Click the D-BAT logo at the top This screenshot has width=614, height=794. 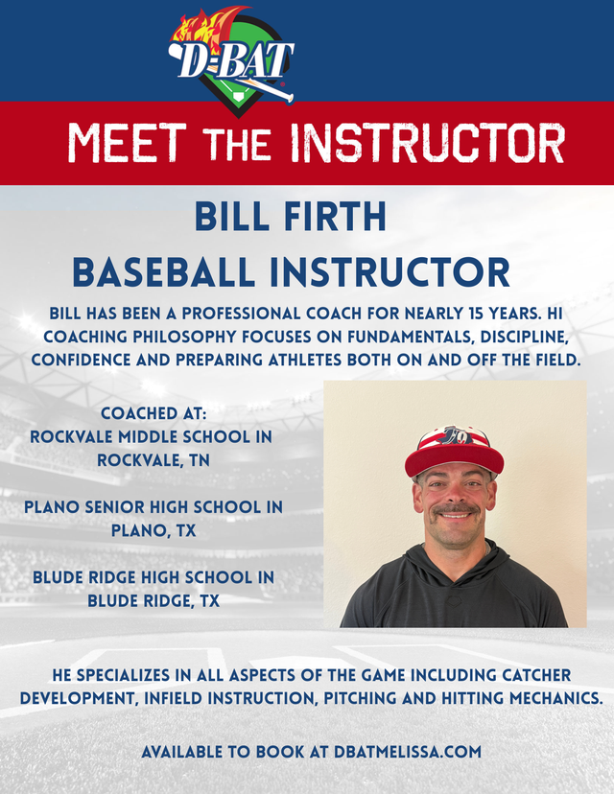[231, 60]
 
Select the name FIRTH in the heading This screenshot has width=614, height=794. [336, 217]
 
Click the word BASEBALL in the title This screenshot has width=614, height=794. [164, 272]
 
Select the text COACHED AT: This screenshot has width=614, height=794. [153, 413]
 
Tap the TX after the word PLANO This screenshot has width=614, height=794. [186, 530]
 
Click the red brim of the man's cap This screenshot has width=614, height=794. [454, 458]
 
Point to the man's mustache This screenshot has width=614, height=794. [455, 508]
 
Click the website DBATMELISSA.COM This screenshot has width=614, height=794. [408, 752]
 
